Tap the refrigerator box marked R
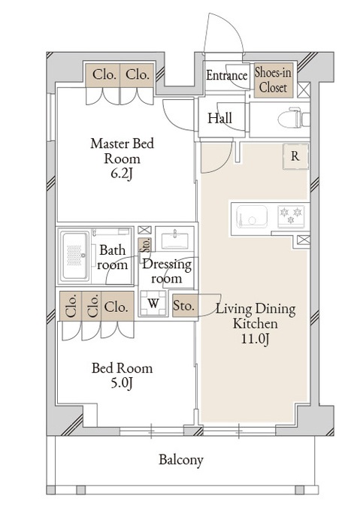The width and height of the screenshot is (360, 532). (x=296, y=156)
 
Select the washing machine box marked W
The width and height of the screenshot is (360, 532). (x=153, y=303)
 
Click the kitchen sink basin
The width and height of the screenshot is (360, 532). (x=252, y=216)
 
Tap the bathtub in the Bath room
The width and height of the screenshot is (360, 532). (x=74, y=256)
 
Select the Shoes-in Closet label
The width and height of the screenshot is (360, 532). (x=273, y=80)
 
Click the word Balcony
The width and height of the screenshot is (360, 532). (x=181, y=460)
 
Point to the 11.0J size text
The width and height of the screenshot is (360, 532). (x=255, y=339)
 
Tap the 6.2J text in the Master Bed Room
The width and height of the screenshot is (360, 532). (x=122, y=174)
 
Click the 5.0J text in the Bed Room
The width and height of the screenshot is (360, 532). (x=122, y=383)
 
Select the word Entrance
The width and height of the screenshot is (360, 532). (x=227, y=75)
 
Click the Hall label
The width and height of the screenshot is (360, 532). (x=220, y=118)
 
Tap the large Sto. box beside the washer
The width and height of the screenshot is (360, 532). (x=184, y=306)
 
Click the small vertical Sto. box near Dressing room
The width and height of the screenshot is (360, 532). (x=145, y=245)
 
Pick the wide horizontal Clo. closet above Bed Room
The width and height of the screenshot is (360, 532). (x=116, y=307)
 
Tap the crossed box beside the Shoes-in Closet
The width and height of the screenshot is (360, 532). (x=304, y=89)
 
